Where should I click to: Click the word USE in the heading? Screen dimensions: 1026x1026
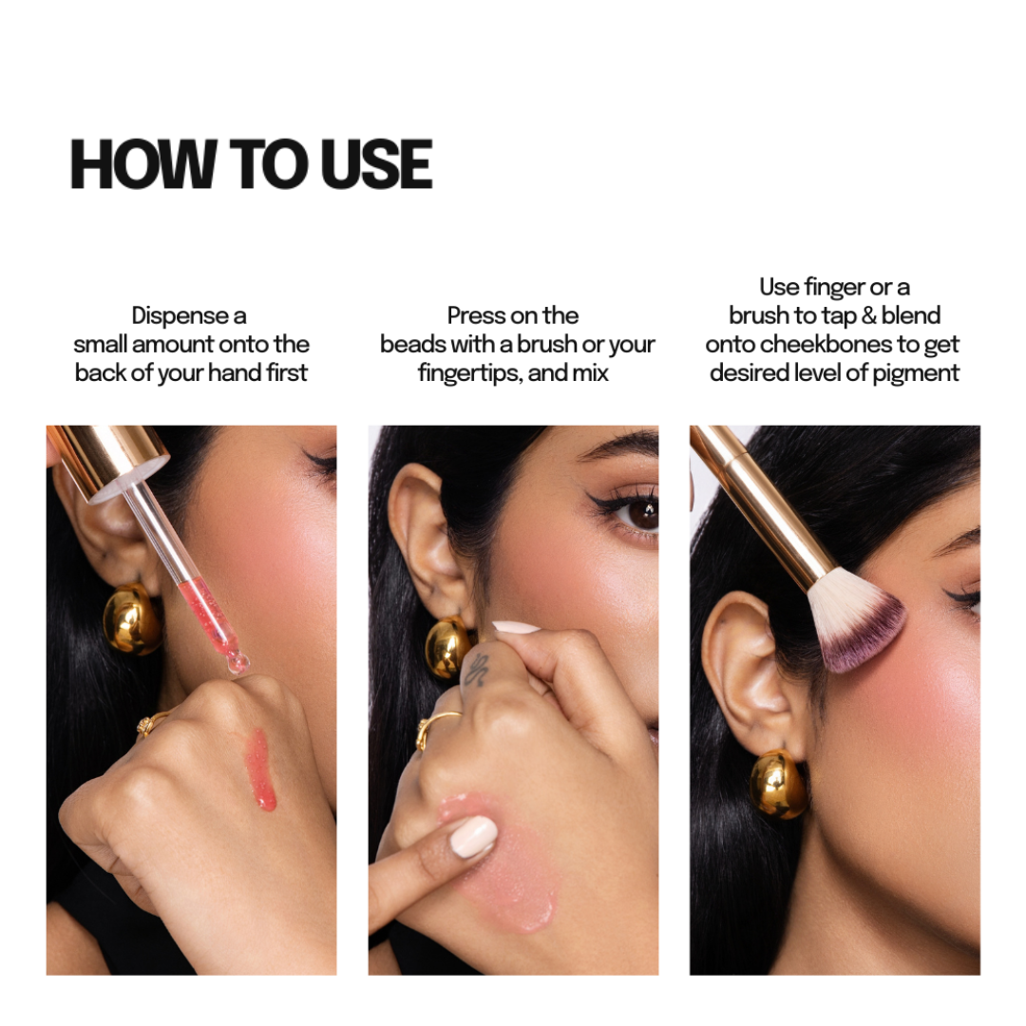pos(376,164)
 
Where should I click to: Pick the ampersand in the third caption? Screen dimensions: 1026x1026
pos(868,316)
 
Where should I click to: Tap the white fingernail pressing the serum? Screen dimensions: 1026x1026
pos(474,836)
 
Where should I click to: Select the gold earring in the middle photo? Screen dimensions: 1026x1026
pos(450,647)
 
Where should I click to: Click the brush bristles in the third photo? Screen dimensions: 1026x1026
pos(855,626)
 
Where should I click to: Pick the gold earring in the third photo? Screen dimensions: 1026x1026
pos(778,785)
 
